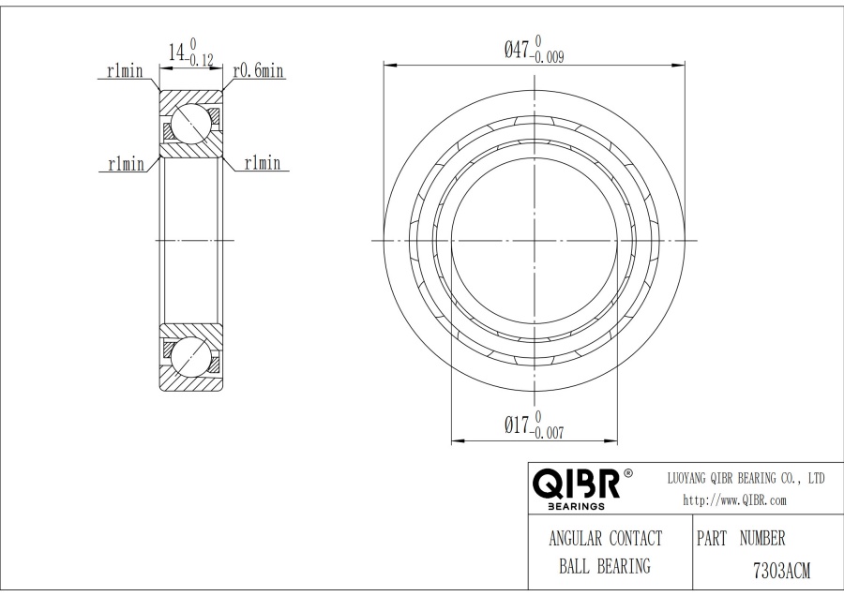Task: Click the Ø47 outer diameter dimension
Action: click(x=534, y=50)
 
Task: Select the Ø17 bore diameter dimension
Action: click(x=534, y=425)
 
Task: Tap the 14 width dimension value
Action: click(x=177, y=52)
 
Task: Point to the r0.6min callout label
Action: click(x=259, y=70)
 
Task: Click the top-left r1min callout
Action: click(x=125, y=70)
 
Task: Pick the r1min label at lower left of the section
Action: click(x=127, y=163)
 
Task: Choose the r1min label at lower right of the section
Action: click(x=263, y=162)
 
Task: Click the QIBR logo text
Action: click(x=577, y=483)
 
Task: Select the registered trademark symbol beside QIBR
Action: click(x=627, y=474)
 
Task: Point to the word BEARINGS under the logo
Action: click(x=576, y=506)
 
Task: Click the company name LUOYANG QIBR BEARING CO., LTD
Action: click(x=746, y=478)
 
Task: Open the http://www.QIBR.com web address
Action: click(x=734, y=500)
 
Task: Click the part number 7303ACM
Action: click(x=781, y=570)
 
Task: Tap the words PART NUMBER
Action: click(x=741, y=538)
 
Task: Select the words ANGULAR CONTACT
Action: click(x=606, y=539)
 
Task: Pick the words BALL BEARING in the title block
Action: click(x=605, y=566)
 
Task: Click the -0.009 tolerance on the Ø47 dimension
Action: click(x=547, y=56)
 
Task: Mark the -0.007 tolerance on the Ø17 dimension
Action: click(x=547, y=433)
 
